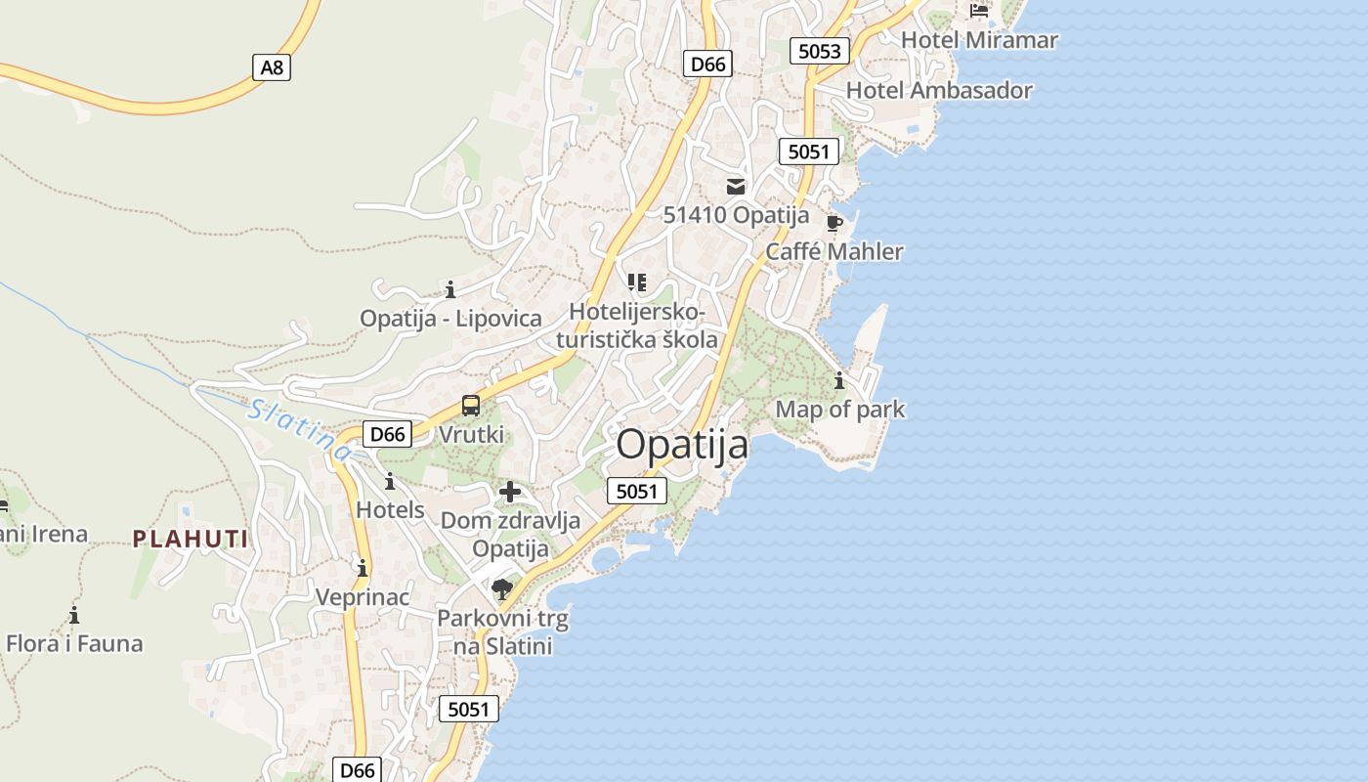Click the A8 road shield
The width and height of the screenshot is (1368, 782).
click(x=272, y=66)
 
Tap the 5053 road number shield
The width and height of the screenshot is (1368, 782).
click(x=819, y=51)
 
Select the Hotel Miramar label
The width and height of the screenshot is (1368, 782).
click(x=979, y=40)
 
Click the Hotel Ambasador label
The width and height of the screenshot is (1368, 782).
click(x=939, y=90)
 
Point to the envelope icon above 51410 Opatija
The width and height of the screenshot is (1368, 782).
click(x=736, y=186)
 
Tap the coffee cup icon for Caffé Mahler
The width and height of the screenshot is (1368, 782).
click(x=834, y=224)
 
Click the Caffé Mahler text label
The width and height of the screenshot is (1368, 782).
click(x=834, y=251)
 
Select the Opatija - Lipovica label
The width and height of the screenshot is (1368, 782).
click(x=450, y=318)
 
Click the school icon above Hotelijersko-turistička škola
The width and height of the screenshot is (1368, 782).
click(x=637, y=283)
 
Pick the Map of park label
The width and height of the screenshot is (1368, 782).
click(x=840, y=409)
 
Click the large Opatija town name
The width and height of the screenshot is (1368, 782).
click(x=682, y=445)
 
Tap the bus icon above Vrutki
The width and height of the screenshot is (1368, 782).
click(x=471, y=406)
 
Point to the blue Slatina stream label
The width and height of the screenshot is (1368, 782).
click(x=299, y=429)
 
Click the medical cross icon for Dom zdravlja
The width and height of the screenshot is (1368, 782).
click(x=510, y=492)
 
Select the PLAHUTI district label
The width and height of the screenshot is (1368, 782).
click(x=191, y=539)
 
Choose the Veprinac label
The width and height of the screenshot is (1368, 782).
click(x=363, y=596)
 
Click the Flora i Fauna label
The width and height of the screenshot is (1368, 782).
click(x=74, y=643)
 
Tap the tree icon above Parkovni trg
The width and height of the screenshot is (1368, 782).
click(x=502, y=588)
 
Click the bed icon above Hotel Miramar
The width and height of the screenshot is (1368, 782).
click(x=979, y=11)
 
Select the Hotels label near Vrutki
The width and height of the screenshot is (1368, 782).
click(x=390, y=509)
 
